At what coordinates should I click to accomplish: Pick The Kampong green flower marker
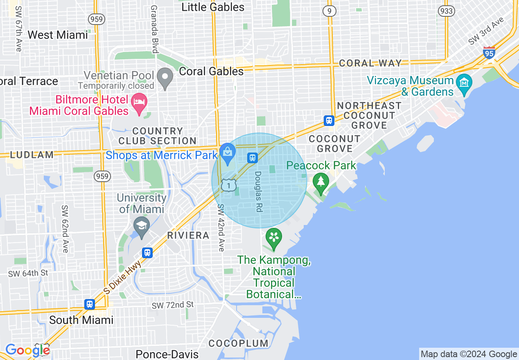273,237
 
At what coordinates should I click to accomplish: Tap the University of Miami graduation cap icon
142,227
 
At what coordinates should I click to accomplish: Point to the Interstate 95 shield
489,52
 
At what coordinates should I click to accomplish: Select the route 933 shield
446,11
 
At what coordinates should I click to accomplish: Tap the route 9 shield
329,11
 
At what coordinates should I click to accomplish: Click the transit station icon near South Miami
90,304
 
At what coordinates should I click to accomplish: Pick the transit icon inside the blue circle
252,157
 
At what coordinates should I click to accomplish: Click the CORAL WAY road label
370,63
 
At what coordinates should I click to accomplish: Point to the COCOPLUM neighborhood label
238,343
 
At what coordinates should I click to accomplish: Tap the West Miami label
57,35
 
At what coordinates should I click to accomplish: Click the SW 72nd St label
172,305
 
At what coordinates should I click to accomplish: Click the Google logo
27,350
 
